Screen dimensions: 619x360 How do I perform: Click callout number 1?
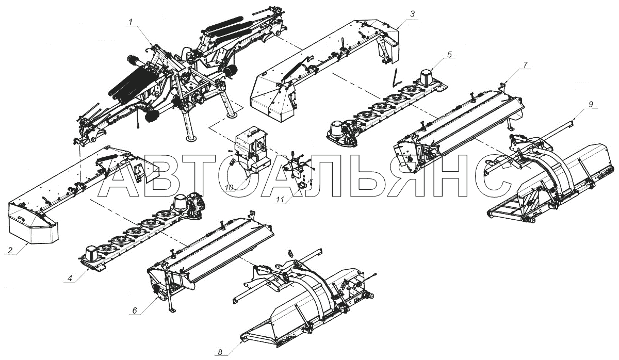[x=131, y=21]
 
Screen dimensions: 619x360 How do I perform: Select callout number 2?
[x=10, y=251]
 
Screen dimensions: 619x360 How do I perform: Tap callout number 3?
[x=412, y=14]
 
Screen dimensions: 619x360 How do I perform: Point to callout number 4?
[x=70, y=278]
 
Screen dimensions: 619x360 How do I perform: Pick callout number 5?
[x=450, y=55]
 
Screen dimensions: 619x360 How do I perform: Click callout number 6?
[x=135, y=310]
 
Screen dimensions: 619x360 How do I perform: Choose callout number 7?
[x=525, y=64]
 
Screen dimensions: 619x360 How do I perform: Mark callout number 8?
[x=220, y=353]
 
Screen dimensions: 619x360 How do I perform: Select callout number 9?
[x=591, y=104]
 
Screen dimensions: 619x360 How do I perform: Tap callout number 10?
[x=229, y=188]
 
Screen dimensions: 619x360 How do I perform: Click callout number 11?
[x=280, y=200]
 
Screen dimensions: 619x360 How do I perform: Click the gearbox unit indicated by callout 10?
[x=252, y=151]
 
